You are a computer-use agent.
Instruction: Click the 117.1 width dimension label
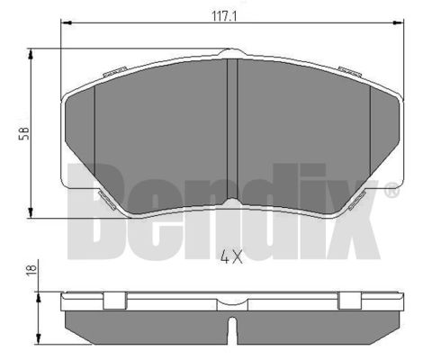[x=224, y=16]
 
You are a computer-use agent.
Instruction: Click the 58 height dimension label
[x=24, y=133]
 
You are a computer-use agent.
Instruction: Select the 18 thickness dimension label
[x=31, y=270]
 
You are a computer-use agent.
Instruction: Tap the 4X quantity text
[x=231, y=257]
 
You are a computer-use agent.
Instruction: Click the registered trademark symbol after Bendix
[x=391, y=191]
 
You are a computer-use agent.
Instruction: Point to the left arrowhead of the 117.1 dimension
[x=66, y=22]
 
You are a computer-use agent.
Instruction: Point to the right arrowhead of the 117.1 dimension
[x=398, y=22]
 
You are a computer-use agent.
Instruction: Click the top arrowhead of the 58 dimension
[x=31, y=55]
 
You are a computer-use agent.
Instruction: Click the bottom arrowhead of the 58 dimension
[x=31, y=212]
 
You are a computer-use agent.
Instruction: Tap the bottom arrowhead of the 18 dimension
[x=38, y=338]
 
